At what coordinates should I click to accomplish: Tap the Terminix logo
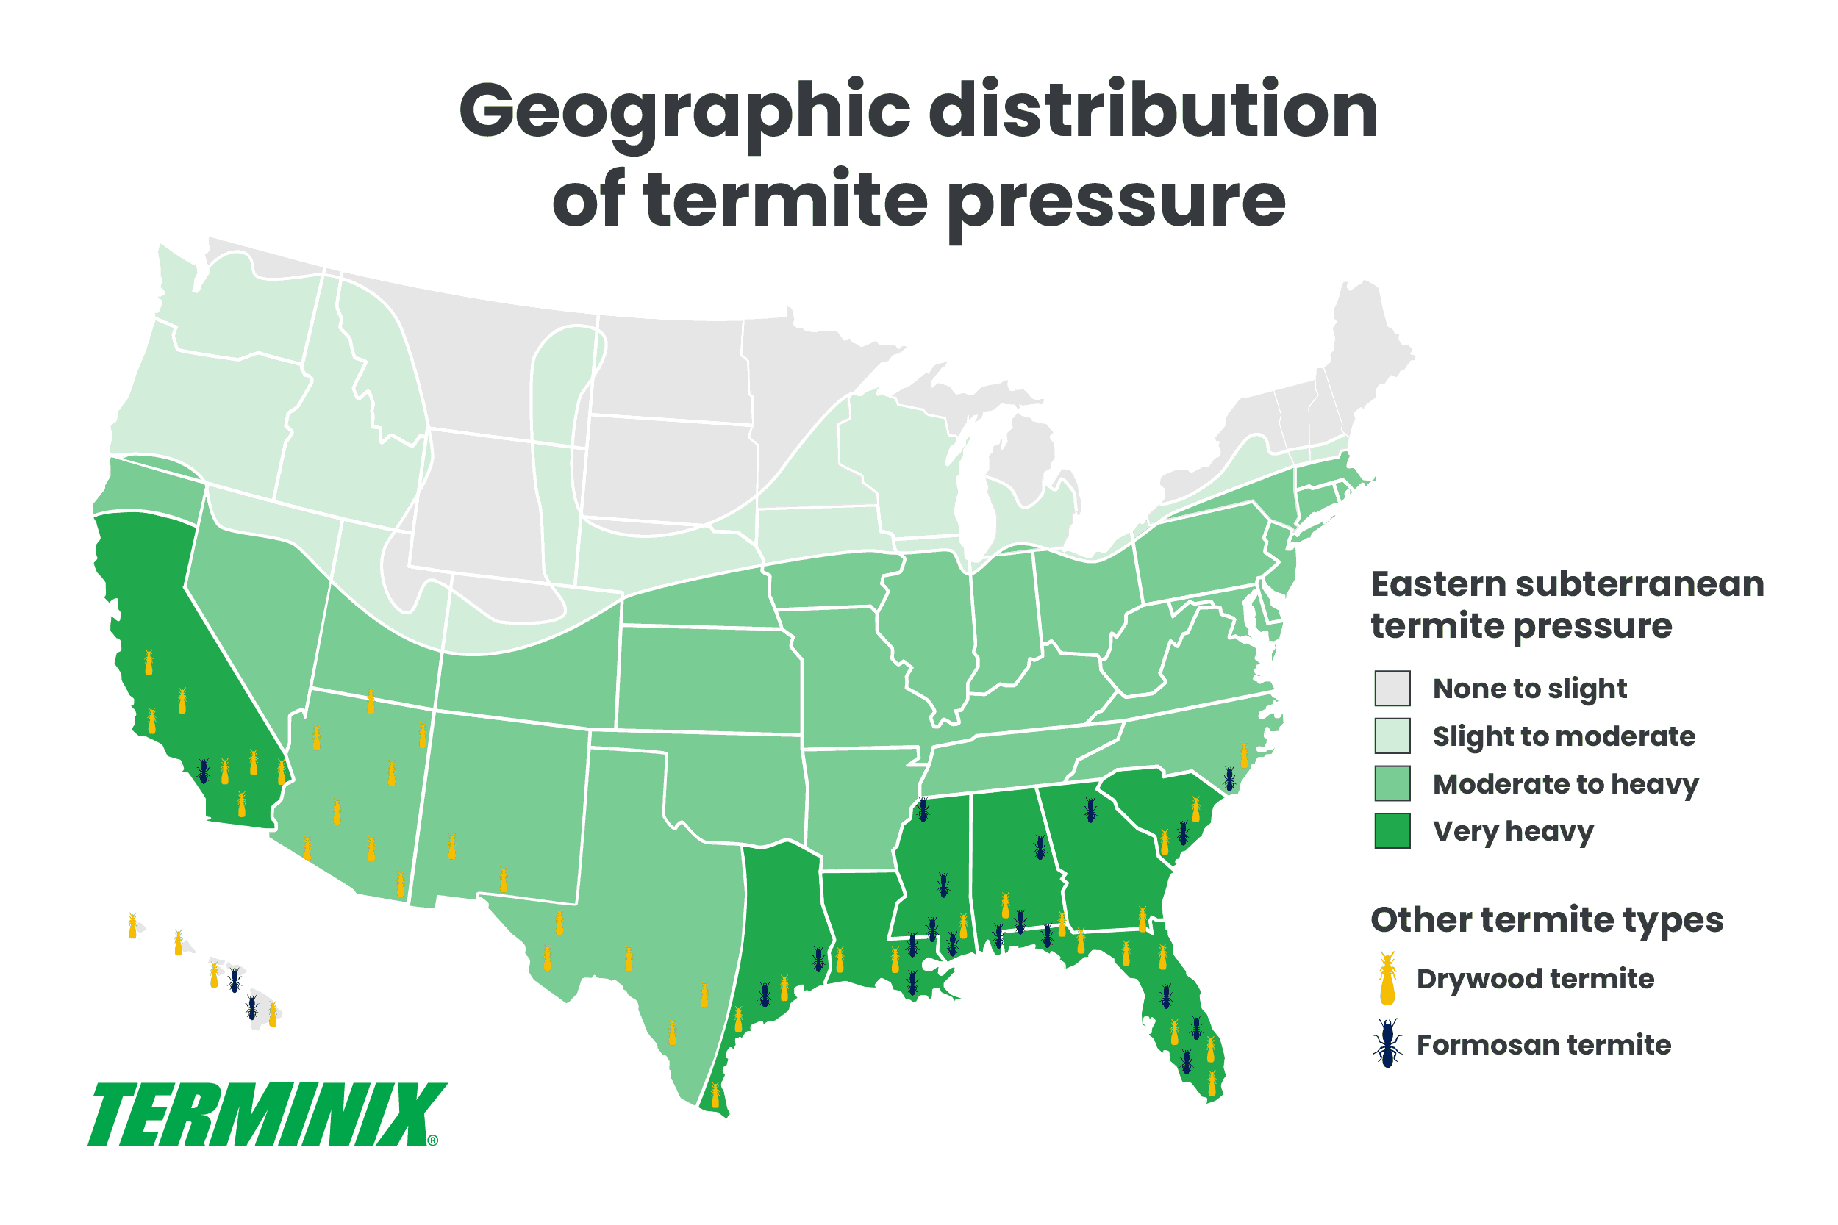[x=265, y=1115]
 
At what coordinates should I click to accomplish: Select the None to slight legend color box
[x=1392, y=689]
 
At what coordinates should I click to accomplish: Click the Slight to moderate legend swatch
[x=1392, y=736]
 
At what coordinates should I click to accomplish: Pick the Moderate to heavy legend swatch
[x=1392, y=783]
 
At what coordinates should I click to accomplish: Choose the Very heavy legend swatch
[x=1392, y=831]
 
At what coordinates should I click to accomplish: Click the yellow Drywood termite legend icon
[x=1388, y=978]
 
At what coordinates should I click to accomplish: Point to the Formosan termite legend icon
[x=1388, y=1043]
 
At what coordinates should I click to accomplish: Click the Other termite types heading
[x=1547, y=919]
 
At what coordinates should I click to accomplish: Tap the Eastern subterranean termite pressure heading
[x=1567, y=605]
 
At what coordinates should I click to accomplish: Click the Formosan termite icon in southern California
[x=204, y=772]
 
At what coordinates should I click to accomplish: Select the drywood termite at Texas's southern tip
[x=715, y=1096]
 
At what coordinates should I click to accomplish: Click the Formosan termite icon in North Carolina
[x=1229, y=779]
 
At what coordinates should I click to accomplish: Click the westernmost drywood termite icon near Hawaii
[x=133, y=926]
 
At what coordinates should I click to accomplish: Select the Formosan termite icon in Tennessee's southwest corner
[x=923, y=809]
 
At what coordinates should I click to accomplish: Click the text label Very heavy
[x=1512, y=831]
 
